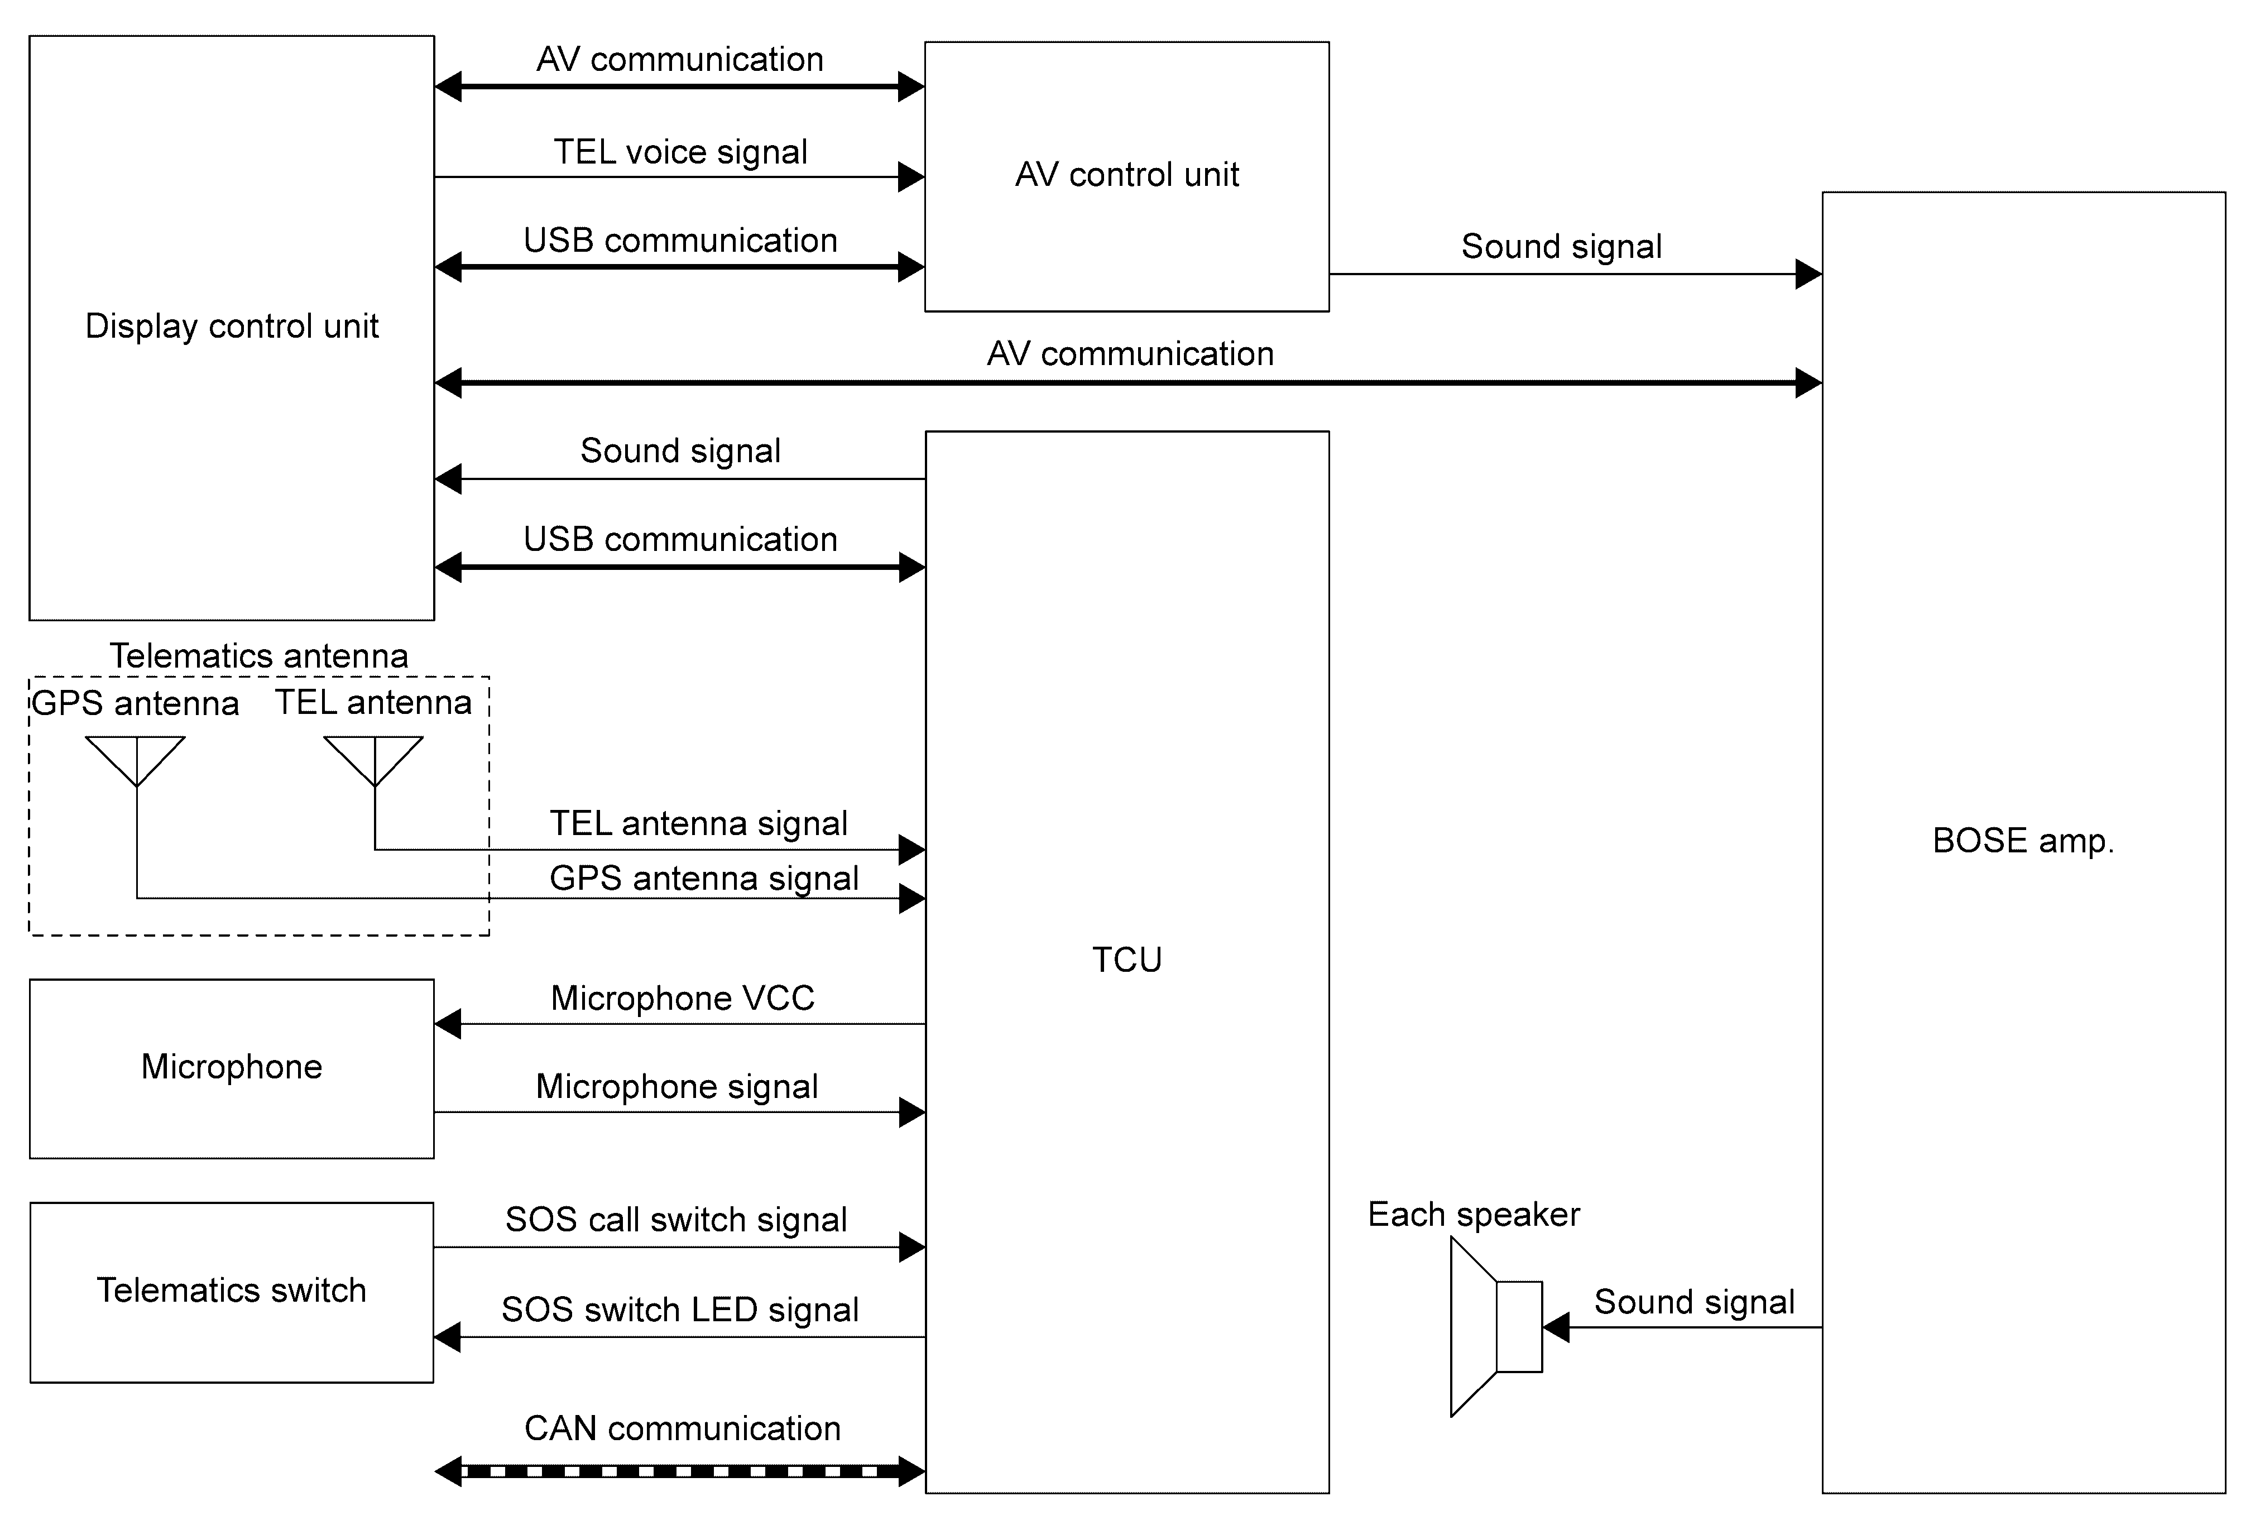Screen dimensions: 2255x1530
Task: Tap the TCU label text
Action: (1126, 960)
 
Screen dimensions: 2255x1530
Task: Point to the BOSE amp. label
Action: (2023, 840)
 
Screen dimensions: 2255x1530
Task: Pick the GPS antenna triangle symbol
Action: (136, 761)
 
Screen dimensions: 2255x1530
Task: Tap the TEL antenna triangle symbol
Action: (373, 761)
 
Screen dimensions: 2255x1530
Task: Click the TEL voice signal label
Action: (680, 152)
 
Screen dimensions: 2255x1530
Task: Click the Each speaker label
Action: (1474, 1215)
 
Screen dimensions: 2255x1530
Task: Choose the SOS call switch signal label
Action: (677, 1220)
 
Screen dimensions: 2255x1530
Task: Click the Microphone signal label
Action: (677, 1087)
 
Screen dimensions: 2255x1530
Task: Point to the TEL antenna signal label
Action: (699, 824)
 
